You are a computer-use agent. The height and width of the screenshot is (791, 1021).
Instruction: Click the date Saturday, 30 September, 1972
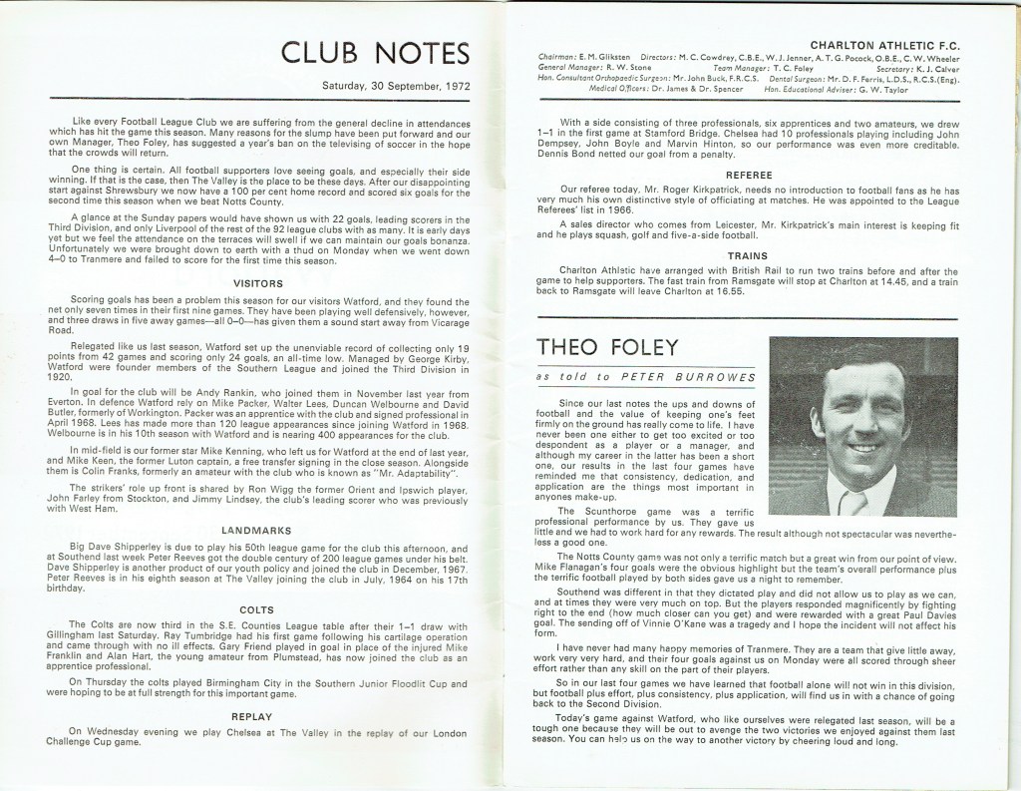click(x=395, y=86)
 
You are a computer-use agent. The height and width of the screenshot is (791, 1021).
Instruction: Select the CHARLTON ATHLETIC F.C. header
click(x=885, y=46)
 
